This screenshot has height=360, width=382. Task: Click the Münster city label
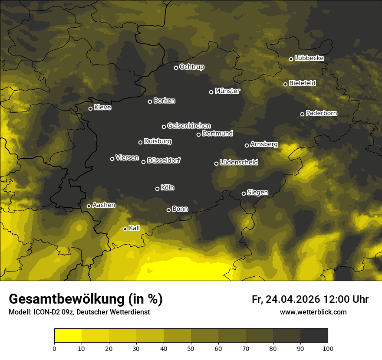coord(227,91)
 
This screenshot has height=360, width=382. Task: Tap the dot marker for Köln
coord(157,189)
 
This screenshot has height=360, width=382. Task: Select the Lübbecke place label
coord(309,58)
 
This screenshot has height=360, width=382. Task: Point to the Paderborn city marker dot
coord(302,114)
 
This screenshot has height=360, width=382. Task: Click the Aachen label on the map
coord(104,205)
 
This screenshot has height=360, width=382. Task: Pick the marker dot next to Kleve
coord(90,108)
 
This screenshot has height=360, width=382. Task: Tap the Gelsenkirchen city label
coord(189,126)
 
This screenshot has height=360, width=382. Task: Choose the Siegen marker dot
coord(244,193)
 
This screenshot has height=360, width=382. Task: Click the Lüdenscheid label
coord(239,163)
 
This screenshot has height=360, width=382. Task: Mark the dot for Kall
coord(125,229)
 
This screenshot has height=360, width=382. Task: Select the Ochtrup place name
coord(191,67)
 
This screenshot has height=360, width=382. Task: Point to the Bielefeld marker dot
coord(285,84)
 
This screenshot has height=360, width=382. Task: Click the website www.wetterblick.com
coord(313,312)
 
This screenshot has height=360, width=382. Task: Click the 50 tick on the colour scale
coord(191,348)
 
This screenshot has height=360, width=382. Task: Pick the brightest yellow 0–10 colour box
coord(68,335)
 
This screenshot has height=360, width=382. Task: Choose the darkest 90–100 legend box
coord(314,335)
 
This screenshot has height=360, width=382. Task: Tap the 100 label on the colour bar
coord(328,348)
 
